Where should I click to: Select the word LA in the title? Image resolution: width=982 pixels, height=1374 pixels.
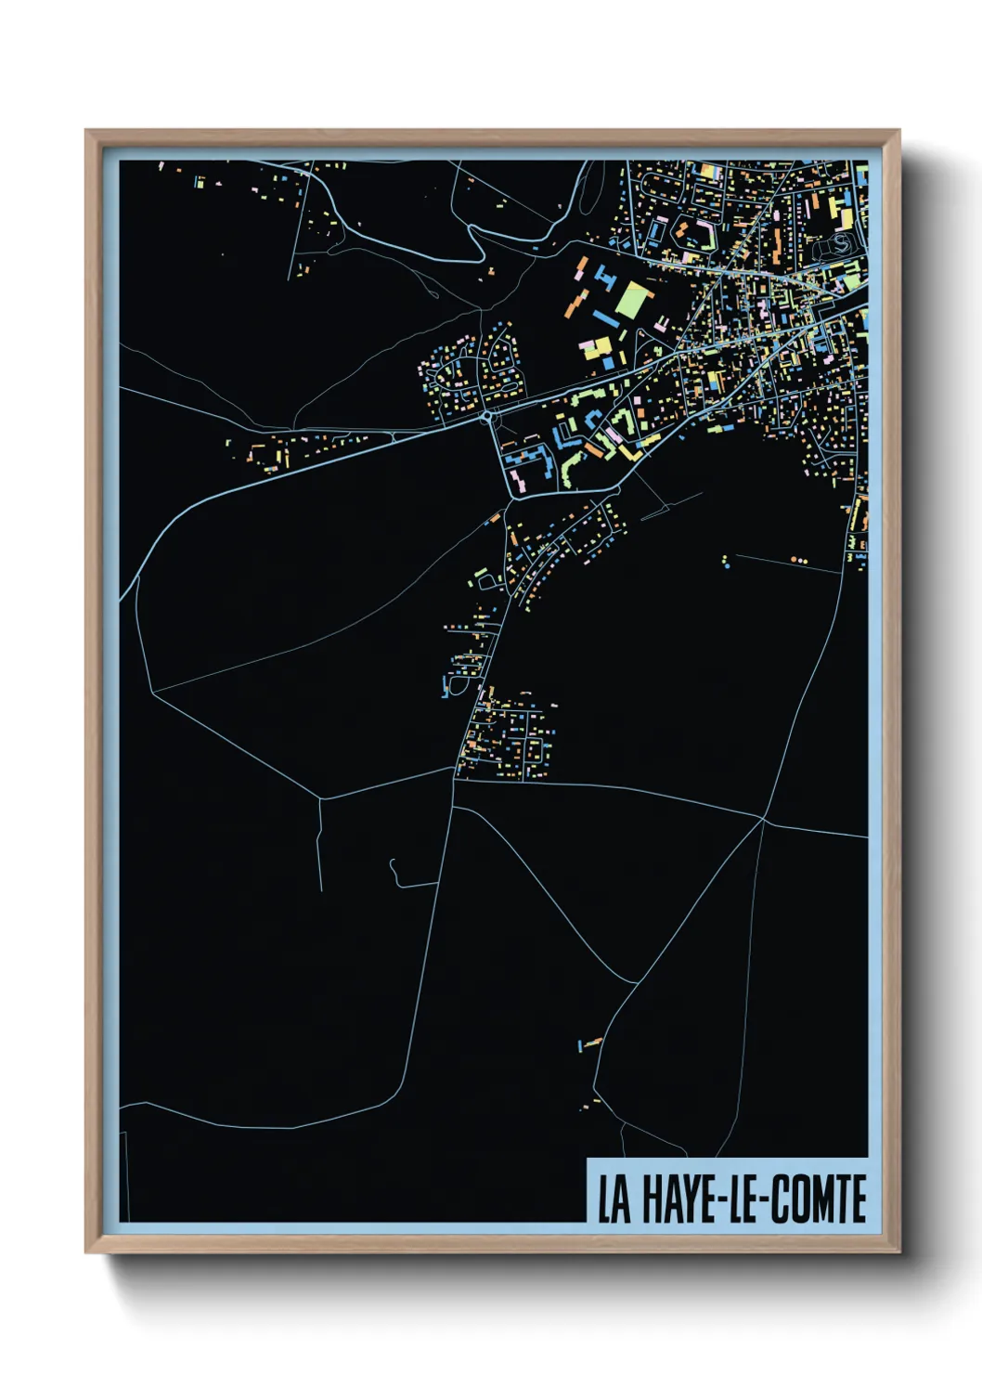(x=614, y=1199)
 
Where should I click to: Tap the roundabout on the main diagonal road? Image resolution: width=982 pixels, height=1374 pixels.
(x=489, y=417)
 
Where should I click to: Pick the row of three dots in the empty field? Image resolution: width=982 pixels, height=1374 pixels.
(x=799, y=561)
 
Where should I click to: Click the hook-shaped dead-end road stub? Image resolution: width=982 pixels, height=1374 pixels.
(x=396, y=873)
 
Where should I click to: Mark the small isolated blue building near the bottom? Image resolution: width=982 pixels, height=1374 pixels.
(x=580, y=1047)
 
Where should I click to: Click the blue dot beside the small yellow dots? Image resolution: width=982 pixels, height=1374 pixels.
(x=726, y=564)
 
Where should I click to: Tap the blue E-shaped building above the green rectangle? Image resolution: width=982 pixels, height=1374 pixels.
(x=606, y=276)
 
